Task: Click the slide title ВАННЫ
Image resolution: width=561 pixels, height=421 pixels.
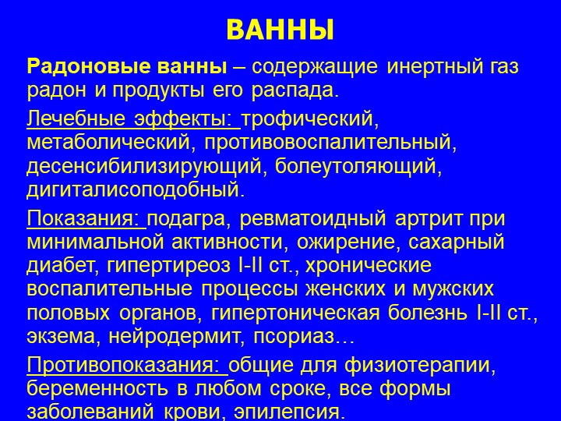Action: [x=280, y=30]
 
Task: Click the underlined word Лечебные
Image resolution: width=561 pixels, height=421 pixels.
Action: [x=76, y=119]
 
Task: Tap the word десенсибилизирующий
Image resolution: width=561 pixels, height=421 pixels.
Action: [x=144, y=167]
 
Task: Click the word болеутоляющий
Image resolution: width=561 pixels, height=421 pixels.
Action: [x=355, y=167]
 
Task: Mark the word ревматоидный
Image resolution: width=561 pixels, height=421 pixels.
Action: [x=312, y=219]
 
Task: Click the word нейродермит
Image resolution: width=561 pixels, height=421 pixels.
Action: [x=174, y=338]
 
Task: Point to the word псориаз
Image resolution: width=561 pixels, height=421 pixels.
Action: [x=294, y=338]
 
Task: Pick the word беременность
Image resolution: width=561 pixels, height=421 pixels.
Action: [x=97, y=389]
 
